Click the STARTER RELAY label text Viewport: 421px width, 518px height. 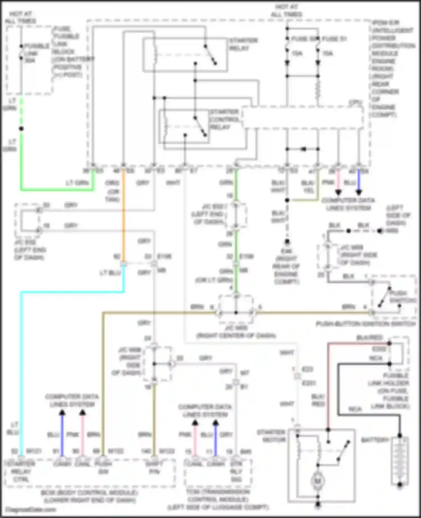click(x=243, y=44)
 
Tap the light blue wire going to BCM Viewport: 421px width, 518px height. click(x=21, y=365)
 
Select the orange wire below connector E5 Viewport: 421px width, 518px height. click(x=123, y=219)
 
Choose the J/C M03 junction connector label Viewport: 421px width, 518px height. click(x=236, y=331)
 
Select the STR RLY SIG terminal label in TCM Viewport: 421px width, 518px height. click(x=236, y=471)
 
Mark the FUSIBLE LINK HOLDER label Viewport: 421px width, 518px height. click(x=396, y=391)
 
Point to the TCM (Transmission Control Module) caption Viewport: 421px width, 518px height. click(x=218, y=499)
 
